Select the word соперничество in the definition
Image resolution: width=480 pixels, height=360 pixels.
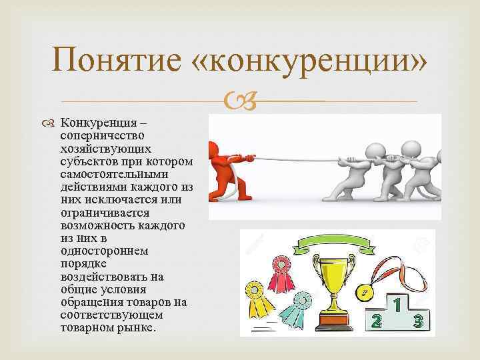[95, 134]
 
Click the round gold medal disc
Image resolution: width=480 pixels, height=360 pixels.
[365, 292]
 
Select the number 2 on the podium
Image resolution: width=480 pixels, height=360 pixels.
[377, 322]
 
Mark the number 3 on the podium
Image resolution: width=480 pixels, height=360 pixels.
[419, 322]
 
